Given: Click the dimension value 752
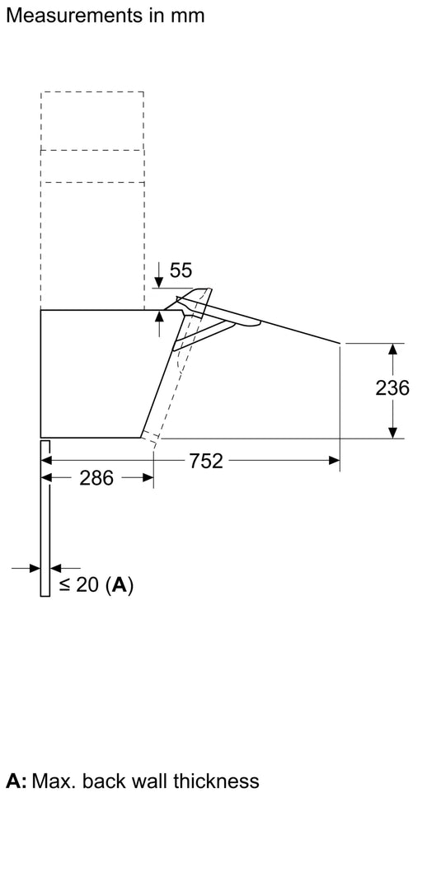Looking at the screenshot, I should pos(206,461).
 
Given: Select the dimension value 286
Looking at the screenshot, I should pos(96,478).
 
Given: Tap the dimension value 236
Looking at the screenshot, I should pos(392,387).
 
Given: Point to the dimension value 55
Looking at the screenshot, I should pos(180,270).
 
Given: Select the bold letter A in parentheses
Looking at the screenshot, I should pos(120,585).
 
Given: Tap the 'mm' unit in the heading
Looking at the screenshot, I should pos(188,15).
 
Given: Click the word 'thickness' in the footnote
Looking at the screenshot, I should pos(218,780).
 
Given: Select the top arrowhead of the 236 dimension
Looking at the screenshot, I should pos(394,350).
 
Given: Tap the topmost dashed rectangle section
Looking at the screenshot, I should pos(92,120).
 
